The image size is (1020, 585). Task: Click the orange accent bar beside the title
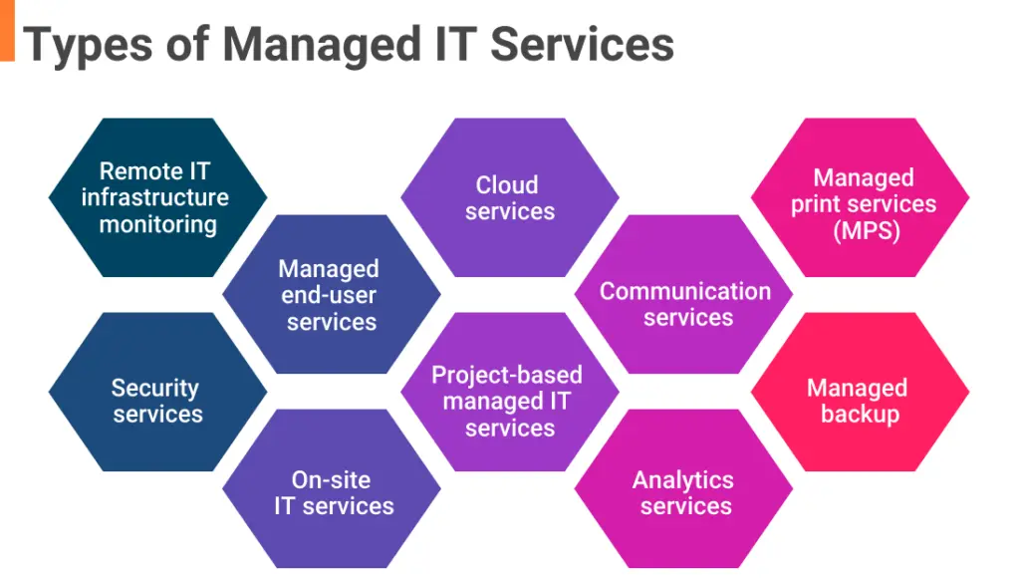(7, 30)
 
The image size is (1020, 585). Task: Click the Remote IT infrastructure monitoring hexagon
(157, 197)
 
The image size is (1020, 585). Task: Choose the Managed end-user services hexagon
(331, 294)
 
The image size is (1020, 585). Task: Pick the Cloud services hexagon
(509, 197)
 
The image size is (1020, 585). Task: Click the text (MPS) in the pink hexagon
(864, 230)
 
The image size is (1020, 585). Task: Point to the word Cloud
(507, 185)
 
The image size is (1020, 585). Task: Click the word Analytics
(683, 480)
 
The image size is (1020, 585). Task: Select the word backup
(860, 414)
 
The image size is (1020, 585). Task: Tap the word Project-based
(506, 376)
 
